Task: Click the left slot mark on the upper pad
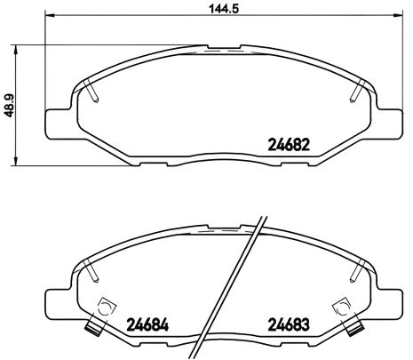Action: tap(93, 91)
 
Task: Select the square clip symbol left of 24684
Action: tap(104, 308)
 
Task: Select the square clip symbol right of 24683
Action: tap(339, 308)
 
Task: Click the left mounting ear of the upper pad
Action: tap(55, 117)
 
